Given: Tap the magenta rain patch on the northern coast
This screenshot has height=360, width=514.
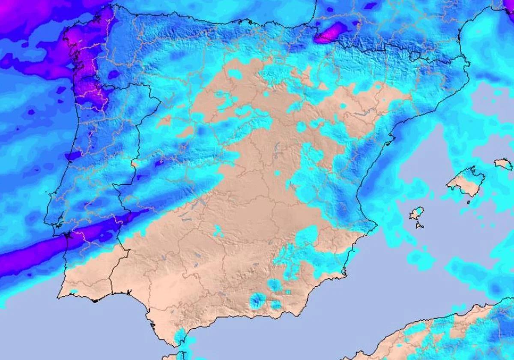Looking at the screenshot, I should [331, 33].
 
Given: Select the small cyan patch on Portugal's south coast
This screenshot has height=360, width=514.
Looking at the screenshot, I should [74, 292].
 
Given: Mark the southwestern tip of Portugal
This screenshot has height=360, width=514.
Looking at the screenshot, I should [59, 295].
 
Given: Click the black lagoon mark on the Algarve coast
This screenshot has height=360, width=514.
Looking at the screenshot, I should [96, 300].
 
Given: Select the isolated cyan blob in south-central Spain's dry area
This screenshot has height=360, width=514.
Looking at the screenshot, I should [218, 231].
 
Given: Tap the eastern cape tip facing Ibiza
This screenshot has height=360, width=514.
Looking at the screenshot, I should [376, 223].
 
